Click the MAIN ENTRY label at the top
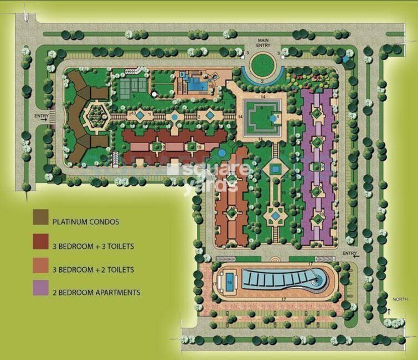263,44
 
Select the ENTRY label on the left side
41,116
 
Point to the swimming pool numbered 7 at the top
195,85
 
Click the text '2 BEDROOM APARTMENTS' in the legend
96,292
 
